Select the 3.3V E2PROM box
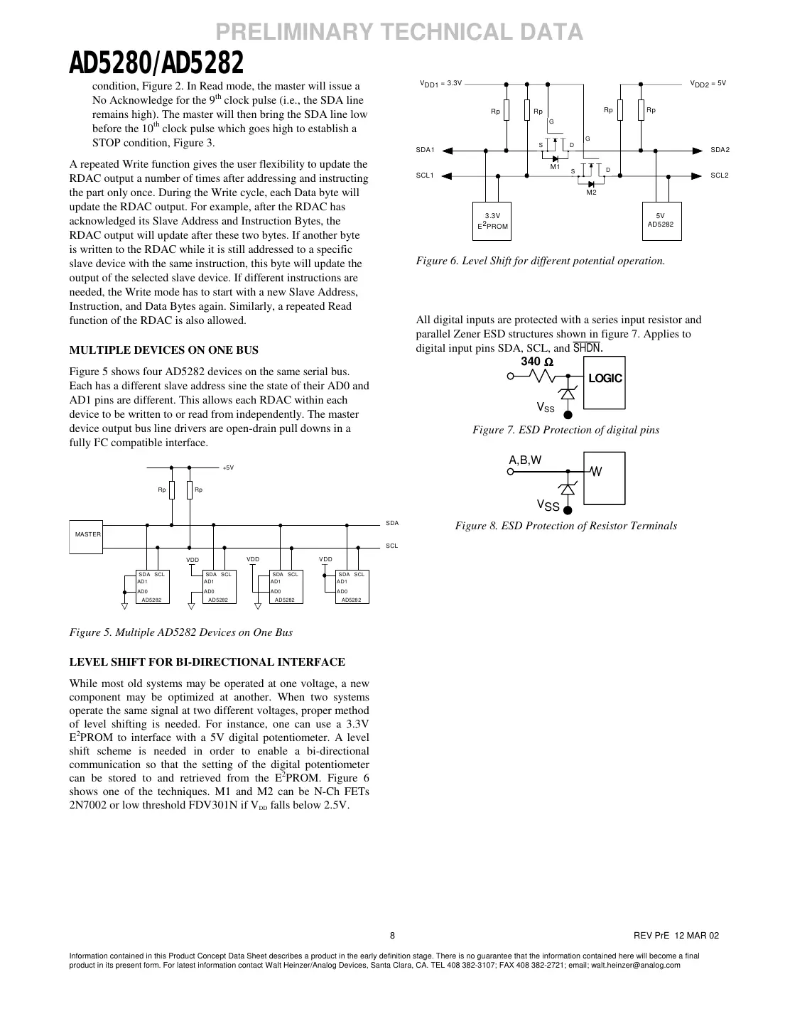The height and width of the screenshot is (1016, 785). point(492,221)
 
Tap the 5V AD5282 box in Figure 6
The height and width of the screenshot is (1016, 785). point(661,220)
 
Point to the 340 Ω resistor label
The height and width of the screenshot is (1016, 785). point(537,362)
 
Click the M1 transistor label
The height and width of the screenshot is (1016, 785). point(556,167)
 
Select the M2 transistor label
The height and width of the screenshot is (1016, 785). point(591,193)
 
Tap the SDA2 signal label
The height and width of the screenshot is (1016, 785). point(720,150)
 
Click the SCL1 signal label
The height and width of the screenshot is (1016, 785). point(425,175)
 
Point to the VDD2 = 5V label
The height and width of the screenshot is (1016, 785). point(708,84)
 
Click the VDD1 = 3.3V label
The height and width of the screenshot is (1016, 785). point(441,84)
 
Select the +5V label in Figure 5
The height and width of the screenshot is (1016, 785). point(228,468)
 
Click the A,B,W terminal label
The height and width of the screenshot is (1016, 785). point(525,460)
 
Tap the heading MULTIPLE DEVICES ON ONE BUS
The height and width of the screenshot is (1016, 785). point(163,350)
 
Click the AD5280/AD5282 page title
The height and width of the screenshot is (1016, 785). point(156,65)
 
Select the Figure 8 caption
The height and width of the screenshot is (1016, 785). point(565,526)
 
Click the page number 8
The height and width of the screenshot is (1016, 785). point(392,935)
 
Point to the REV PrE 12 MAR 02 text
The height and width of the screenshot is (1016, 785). point(676,935)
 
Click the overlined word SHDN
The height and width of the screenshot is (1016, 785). point(587,348)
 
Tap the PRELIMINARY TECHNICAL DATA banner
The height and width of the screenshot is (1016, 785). point(399,32)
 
